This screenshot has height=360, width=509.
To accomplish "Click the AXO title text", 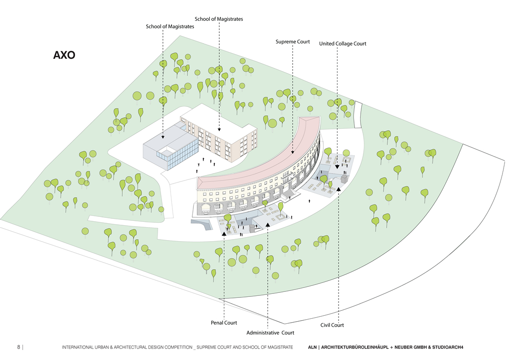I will pos(64,55).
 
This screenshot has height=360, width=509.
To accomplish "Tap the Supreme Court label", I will pos(293,42).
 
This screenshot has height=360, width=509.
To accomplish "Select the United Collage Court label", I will pos(342,44).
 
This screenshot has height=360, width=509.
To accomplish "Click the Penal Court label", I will pos(224,323).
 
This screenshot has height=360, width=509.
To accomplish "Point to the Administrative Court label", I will pos(270,333).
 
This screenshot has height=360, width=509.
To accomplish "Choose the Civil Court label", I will pos(332,325).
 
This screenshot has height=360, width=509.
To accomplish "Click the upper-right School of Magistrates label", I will pos(219,19).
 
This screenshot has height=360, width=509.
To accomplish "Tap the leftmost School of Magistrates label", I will pos(170,26).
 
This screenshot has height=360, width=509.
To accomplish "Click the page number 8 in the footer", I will pos(18,347).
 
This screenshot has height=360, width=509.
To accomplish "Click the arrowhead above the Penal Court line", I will pos(224,233).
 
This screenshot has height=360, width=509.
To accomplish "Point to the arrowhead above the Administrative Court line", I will pos(267,225).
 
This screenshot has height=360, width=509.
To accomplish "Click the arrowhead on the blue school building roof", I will pos(163,136).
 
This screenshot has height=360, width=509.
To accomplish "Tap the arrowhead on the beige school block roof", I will pos(219,129).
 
